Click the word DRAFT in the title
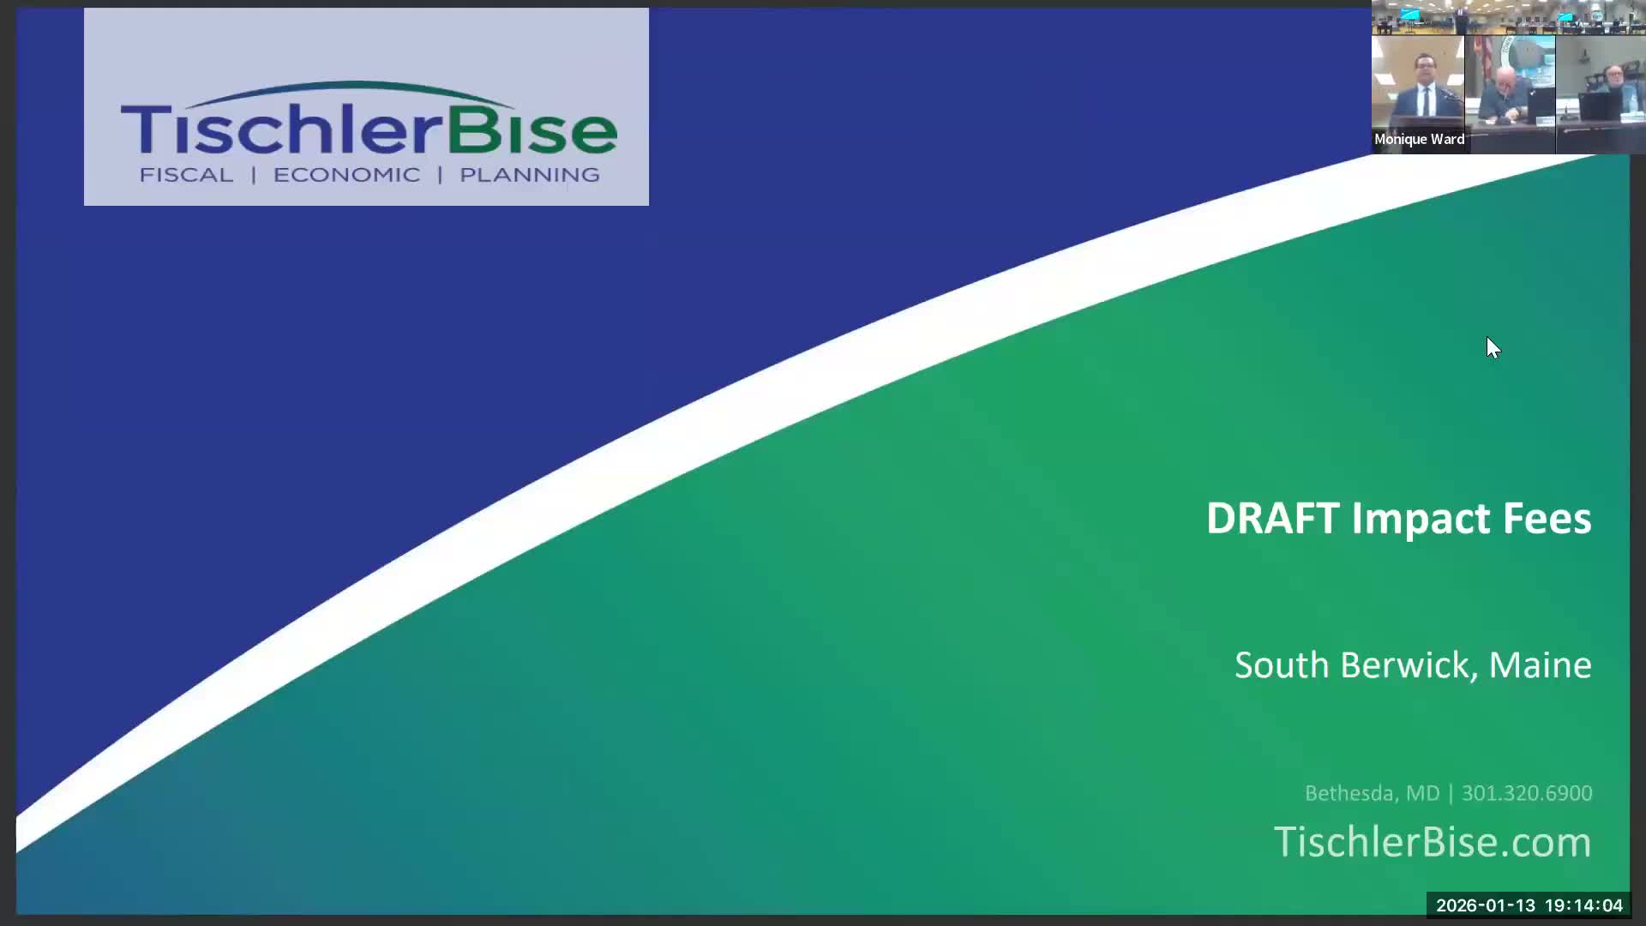pyautogui.click(x=1272, y=519)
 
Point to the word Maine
pyautogui.click(x=1540, y=665)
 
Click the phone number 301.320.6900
pyautogui.click(x=1527, y=793)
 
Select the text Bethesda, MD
pyautogui.click(x=1372, y=793)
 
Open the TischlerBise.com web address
pyautogui.click(x=1432, y=842)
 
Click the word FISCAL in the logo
pyautogui.click(x=186, y=175)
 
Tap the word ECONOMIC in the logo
pyautogui.click(x=346, y=175)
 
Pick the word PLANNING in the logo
pyautogui.click(x=530, y=175)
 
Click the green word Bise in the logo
pyautogui.click(x=532, y=130)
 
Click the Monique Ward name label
pyautogui.click(x=1419, y=139)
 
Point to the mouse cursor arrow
pyautogui.click(x=1493, y=346)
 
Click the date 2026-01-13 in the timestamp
pyautogui.click(x=1486, y=905)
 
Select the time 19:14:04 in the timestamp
pyautogui.click(x=1583, y=905)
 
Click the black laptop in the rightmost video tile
pyautogui.click(x=1600, y=107)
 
